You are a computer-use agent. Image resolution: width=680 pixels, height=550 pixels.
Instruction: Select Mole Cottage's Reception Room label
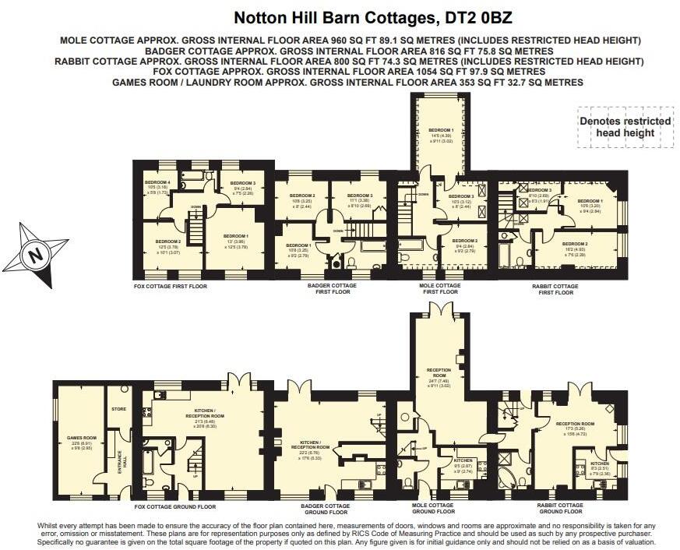coord(440,371)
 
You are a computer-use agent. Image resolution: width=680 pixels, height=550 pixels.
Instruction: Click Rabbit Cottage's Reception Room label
coord(575,424)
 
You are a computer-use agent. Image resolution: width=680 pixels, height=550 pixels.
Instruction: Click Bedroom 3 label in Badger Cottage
coord(360,196)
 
